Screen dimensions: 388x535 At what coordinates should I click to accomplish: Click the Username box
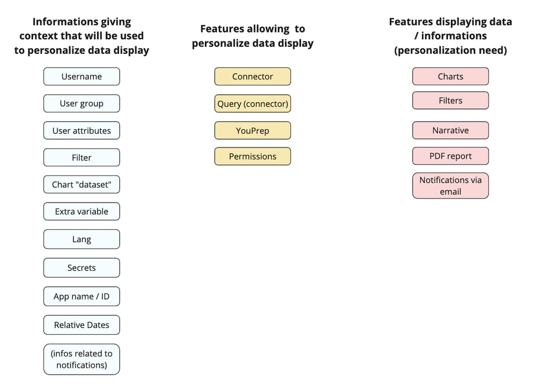pyautogui.click(x=81, y=76)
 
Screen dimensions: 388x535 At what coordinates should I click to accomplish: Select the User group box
pyautogui.click(x=81, y=104)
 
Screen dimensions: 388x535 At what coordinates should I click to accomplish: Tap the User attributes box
pyautogui.click(x=81, y=131)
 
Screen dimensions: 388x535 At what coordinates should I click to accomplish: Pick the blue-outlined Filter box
pyautogui.click(x=81, y=158)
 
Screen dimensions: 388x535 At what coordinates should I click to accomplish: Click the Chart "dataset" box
pyautogui.click(x=81, y=185)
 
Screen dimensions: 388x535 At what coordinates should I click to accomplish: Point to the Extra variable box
pyautogui.click(x=81, y=211)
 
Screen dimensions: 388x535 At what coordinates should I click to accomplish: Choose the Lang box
pyautogui.click(x=81, y=239)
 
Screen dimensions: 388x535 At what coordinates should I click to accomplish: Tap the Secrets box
pyautogui.click(x=81, y=268)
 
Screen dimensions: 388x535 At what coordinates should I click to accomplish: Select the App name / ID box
pyautogui.click(x=81, y=296)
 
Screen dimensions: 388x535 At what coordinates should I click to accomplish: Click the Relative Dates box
pyautogui.click(x=81, y=325)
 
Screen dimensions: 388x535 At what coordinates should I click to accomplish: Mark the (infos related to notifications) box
pyautogui.click(x=81, y=359)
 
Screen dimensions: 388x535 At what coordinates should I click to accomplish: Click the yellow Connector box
pyautogui.click(x=252, y=76)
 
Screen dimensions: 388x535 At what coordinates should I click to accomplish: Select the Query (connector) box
pyautogui.click(x=252, y=104)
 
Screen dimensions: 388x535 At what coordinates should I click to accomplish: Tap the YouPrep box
pyautogui.click(x=252, y=131)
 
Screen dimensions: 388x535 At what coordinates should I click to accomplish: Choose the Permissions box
pyautogui.click(x=252, y=156)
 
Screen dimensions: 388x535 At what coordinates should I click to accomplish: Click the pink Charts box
pyautogui.click(x=450, y=76)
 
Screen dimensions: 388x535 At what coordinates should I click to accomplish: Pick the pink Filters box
pyautogui.click(x=450, y=101)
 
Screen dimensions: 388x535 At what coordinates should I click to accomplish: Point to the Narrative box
pyautogui.click(x=450, y=130)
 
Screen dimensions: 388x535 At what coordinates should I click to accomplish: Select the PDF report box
pyautogui.click(x=450, y=156)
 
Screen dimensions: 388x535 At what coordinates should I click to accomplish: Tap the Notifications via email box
pyautogui.click(x=450, y=185)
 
